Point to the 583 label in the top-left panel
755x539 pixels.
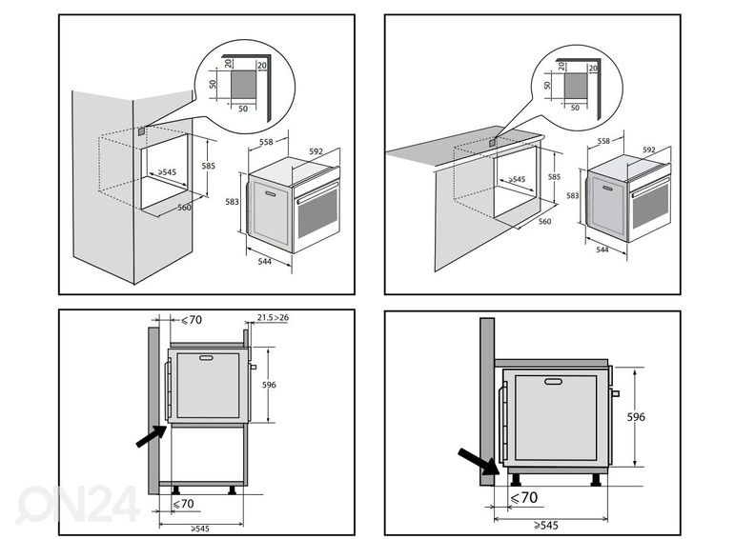(x=233, y=202)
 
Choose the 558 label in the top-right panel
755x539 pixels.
(x=603, y=141)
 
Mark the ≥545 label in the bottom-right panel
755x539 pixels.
(x=546, y=525)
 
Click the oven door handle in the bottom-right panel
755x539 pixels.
(x=554, y=382)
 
